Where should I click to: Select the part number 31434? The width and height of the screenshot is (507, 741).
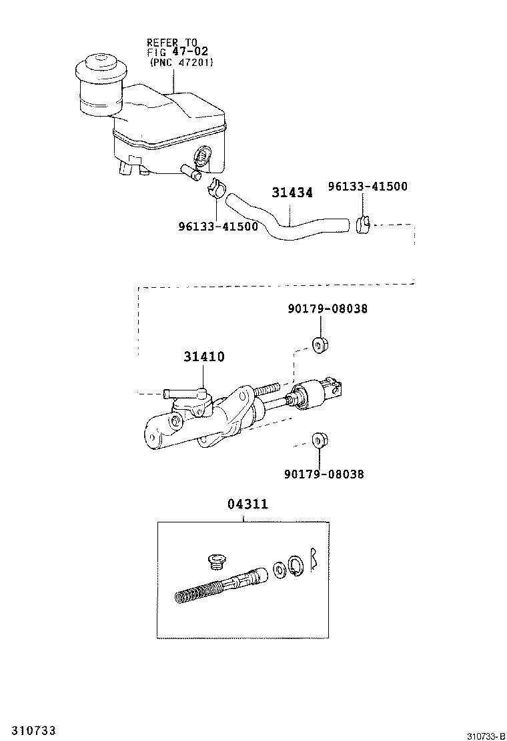click(292, 193)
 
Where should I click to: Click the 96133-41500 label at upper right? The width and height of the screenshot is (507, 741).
click(367, 187)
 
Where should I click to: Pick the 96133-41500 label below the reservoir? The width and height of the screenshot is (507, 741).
click(218, 226)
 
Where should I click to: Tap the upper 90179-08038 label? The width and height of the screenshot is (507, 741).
click(328, 309)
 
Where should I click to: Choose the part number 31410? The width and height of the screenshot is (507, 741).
click(204, 357)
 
